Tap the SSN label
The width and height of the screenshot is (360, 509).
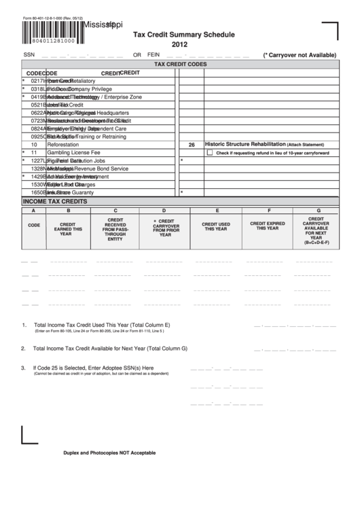29,55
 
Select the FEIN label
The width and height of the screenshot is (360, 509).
154,55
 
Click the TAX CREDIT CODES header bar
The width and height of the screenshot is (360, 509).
179,64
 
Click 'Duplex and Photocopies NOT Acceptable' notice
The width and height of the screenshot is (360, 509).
109,453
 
